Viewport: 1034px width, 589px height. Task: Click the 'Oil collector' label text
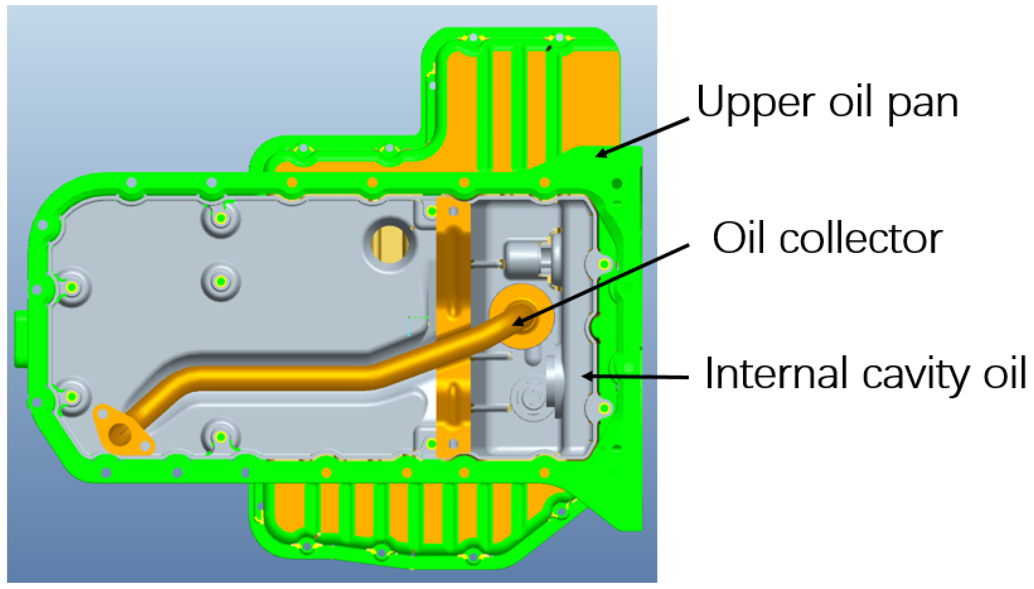coord(827,239)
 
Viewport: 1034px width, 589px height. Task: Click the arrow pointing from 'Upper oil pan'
coord(643,137)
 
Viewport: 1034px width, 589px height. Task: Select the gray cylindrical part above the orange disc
coord(530,259)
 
